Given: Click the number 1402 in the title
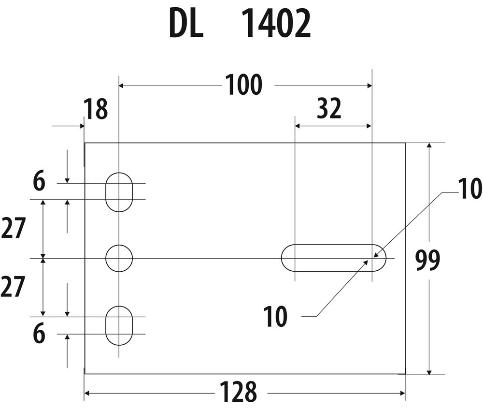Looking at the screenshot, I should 276,24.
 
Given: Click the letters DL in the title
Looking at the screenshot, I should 186,24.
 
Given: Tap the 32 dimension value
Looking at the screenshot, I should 329,109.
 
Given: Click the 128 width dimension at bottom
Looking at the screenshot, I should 238,392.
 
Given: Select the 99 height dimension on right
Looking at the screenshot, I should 428,261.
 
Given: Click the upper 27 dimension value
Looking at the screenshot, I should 13,229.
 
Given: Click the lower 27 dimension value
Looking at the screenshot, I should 13,288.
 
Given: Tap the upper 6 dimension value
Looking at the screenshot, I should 39,183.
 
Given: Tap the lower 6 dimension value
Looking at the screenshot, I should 39,335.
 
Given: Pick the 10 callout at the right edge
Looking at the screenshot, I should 470,190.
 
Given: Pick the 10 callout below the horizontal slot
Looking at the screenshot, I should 275,317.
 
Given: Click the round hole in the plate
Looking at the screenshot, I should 119,258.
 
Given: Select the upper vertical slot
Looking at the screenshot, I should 119,191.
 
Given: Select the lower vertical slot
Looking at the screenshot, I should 119,325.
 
